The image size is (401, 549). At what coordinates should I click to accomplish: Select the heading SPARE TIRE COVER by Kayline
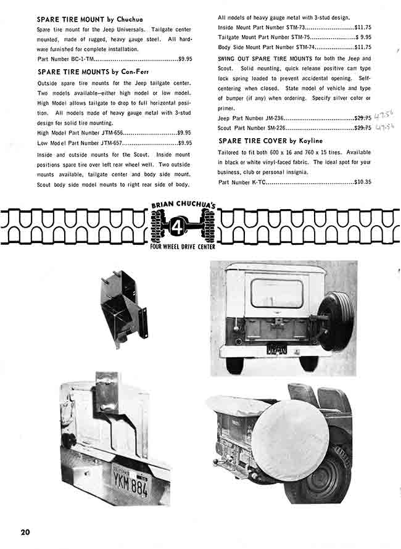point(270,141)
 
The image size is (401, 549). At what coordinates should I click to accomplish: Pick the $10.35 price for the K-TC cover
point(362,183)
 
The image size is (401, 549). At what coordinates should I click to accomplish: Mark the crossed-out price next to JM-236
point(362,118)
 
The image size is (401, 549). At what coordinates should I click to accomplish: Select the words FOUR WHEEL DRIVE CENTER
point(183,247)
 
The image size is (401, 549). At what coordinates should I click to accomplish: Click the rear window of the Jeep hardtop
point(277,294)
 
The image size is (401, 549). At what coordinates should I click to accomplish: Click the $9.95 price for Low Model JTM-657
point(183,142)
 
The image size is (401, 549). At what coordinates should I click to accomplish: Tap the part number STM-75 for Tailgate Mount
point(299,38)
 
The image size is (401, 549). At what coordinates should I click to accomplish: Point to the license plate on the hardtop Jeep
point(276,349)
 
